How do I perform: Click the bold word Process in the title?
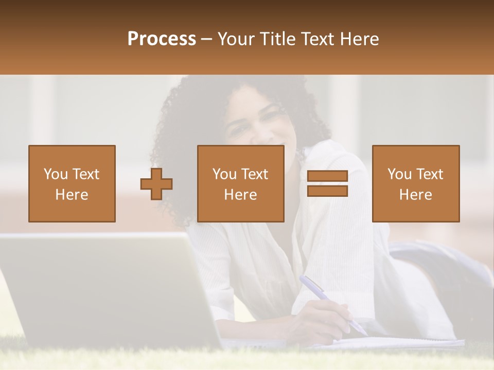click(x=162, y=39)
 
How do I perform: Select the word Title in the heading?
click(x=276, y=39)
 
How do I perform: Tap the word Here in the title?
click(x=358, y=39)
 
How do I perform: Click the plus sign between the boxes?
click(x=156, y=184)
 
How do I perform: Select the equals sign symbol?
click(x=327, y=184)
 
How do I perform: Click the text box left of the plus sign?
click(x=72, y=184)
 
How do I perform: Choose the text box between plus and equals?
click(x=240, y=184)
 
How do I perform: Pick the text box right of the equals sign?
click(x=416, y=184)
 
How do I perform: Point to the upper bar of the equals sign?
click(x=327, y=177)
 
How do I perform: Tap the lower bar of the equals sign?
click(x=327, y=191)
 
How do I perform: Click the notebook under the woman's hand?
click(x=401, y=342)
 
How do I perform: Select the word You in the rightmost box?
click(x=399, y=174)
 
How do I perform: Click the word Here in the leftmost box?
click(x=72, y=195)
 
